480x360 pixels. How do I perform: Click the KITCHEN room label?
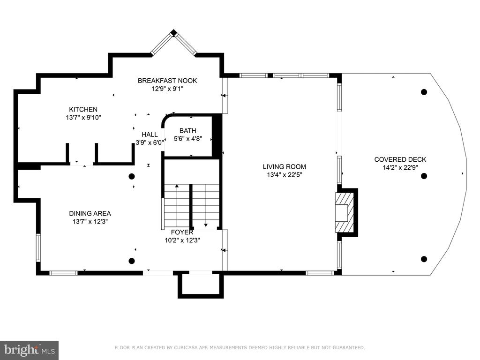click(x=83, y=109)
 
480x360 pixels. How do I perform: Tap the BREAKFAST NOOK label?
click(x=167, y=81)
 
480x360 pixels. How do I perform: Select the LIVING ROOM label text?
click(x=285, y=167)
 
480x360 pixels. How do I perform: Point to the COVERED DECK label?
click(x=400, y=159)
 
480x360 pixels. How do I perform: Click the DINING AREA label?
click(x=90, y=214)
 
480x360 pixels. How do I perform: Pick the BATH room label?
click(x=188, y=131)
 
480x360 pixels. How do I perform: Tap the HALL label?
click(x=150, y=135)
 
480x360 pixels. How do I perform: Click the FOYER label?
click(x=182, y=232)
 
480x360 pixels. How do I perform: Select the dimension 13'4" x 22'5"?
click(x=285, y=175)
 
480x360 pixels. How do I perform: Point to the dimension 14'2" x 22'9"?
click(x=400, y=167)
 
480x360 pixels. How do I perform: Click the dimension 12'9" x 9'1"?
click(x=167, y=89)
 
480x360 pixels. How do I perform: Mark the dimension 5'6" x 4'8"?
click(x=188, y=139)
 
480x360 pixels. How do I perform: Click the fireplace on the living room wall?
click(x=346, y=211)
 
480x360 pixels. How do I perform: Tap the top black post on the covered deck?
click(x=424, y=92)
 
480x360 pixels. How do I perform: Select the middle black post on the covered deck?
click(x=424, y=176)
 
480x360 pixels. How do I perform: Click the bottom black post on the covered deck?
click(x=424, y=259)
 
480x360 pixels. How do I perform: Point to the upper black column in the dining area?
click(x=132, y=176)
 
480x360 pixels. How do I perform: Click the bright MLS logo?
click(x=29, y=350)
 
